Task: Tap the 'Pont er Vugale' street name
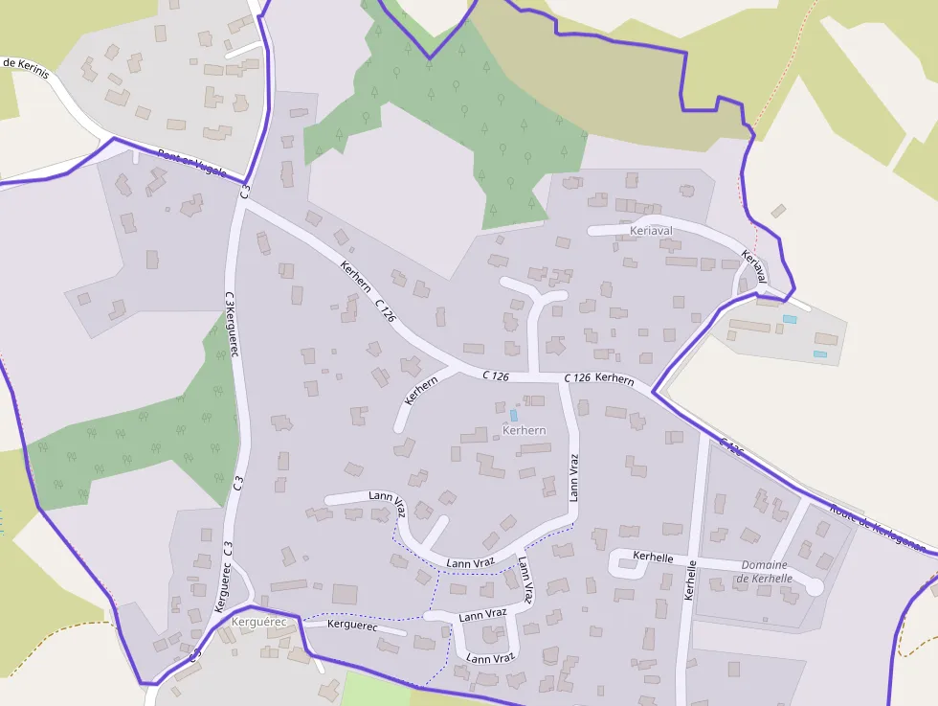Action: (191, 164)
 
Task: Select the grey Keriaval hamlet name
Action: (653, 231)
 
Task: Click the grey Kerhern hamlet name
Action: (524, 430)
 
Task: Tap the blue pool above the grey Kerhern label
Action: (513, 415)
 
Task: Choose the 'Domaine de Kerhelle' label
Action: (764, 572)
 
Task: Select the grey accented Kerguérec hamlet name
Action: (258, 622)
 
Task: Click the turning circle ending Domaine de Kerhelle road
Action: (815, 586)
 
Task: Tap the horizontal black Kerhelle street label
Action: (654, 557)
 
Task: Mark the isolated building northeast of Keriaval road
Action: (779, 211)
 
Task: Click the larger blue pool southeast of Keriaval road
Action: (790, 319)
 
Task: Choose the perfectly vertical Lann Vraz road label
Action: (573, 478)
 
